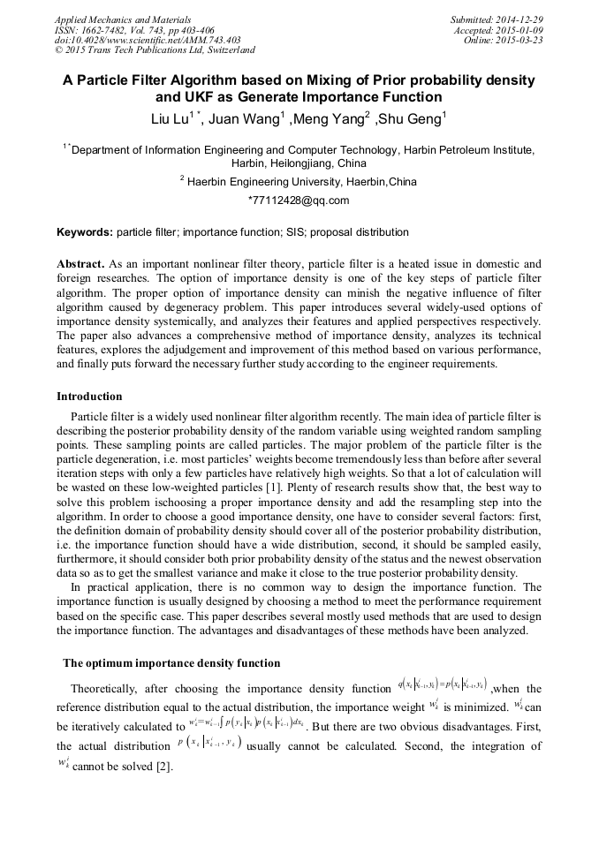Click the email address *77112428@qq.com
pyautogui.click(x=299, y=200)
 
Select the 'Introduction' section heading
pyautogui.click(x=89, y=397)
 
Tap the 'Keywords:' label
pyautogui.click(x=85, y=232)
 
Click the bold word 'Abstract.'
pyautogui.click(x=81, y=264)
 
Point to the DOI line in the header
pyautogui.click(x=148, y=40)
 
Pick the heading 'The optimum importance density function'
pyautogui.click(x=171, y=662)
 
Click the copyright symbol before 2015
pyautogui.click(x=59, y=50)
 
